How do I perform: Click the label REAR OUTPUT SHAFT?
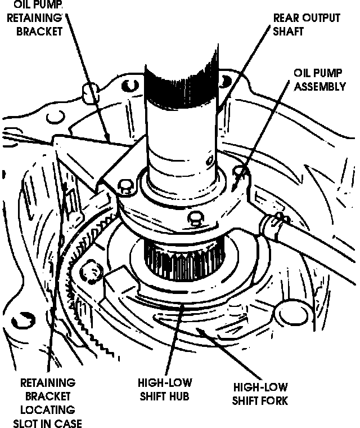[306, 24]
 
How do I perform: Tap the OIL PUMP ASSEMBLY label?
[319, 80]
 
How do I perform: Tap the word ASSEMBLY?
[319, 87]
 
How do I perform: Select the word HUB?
[179, 396]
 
